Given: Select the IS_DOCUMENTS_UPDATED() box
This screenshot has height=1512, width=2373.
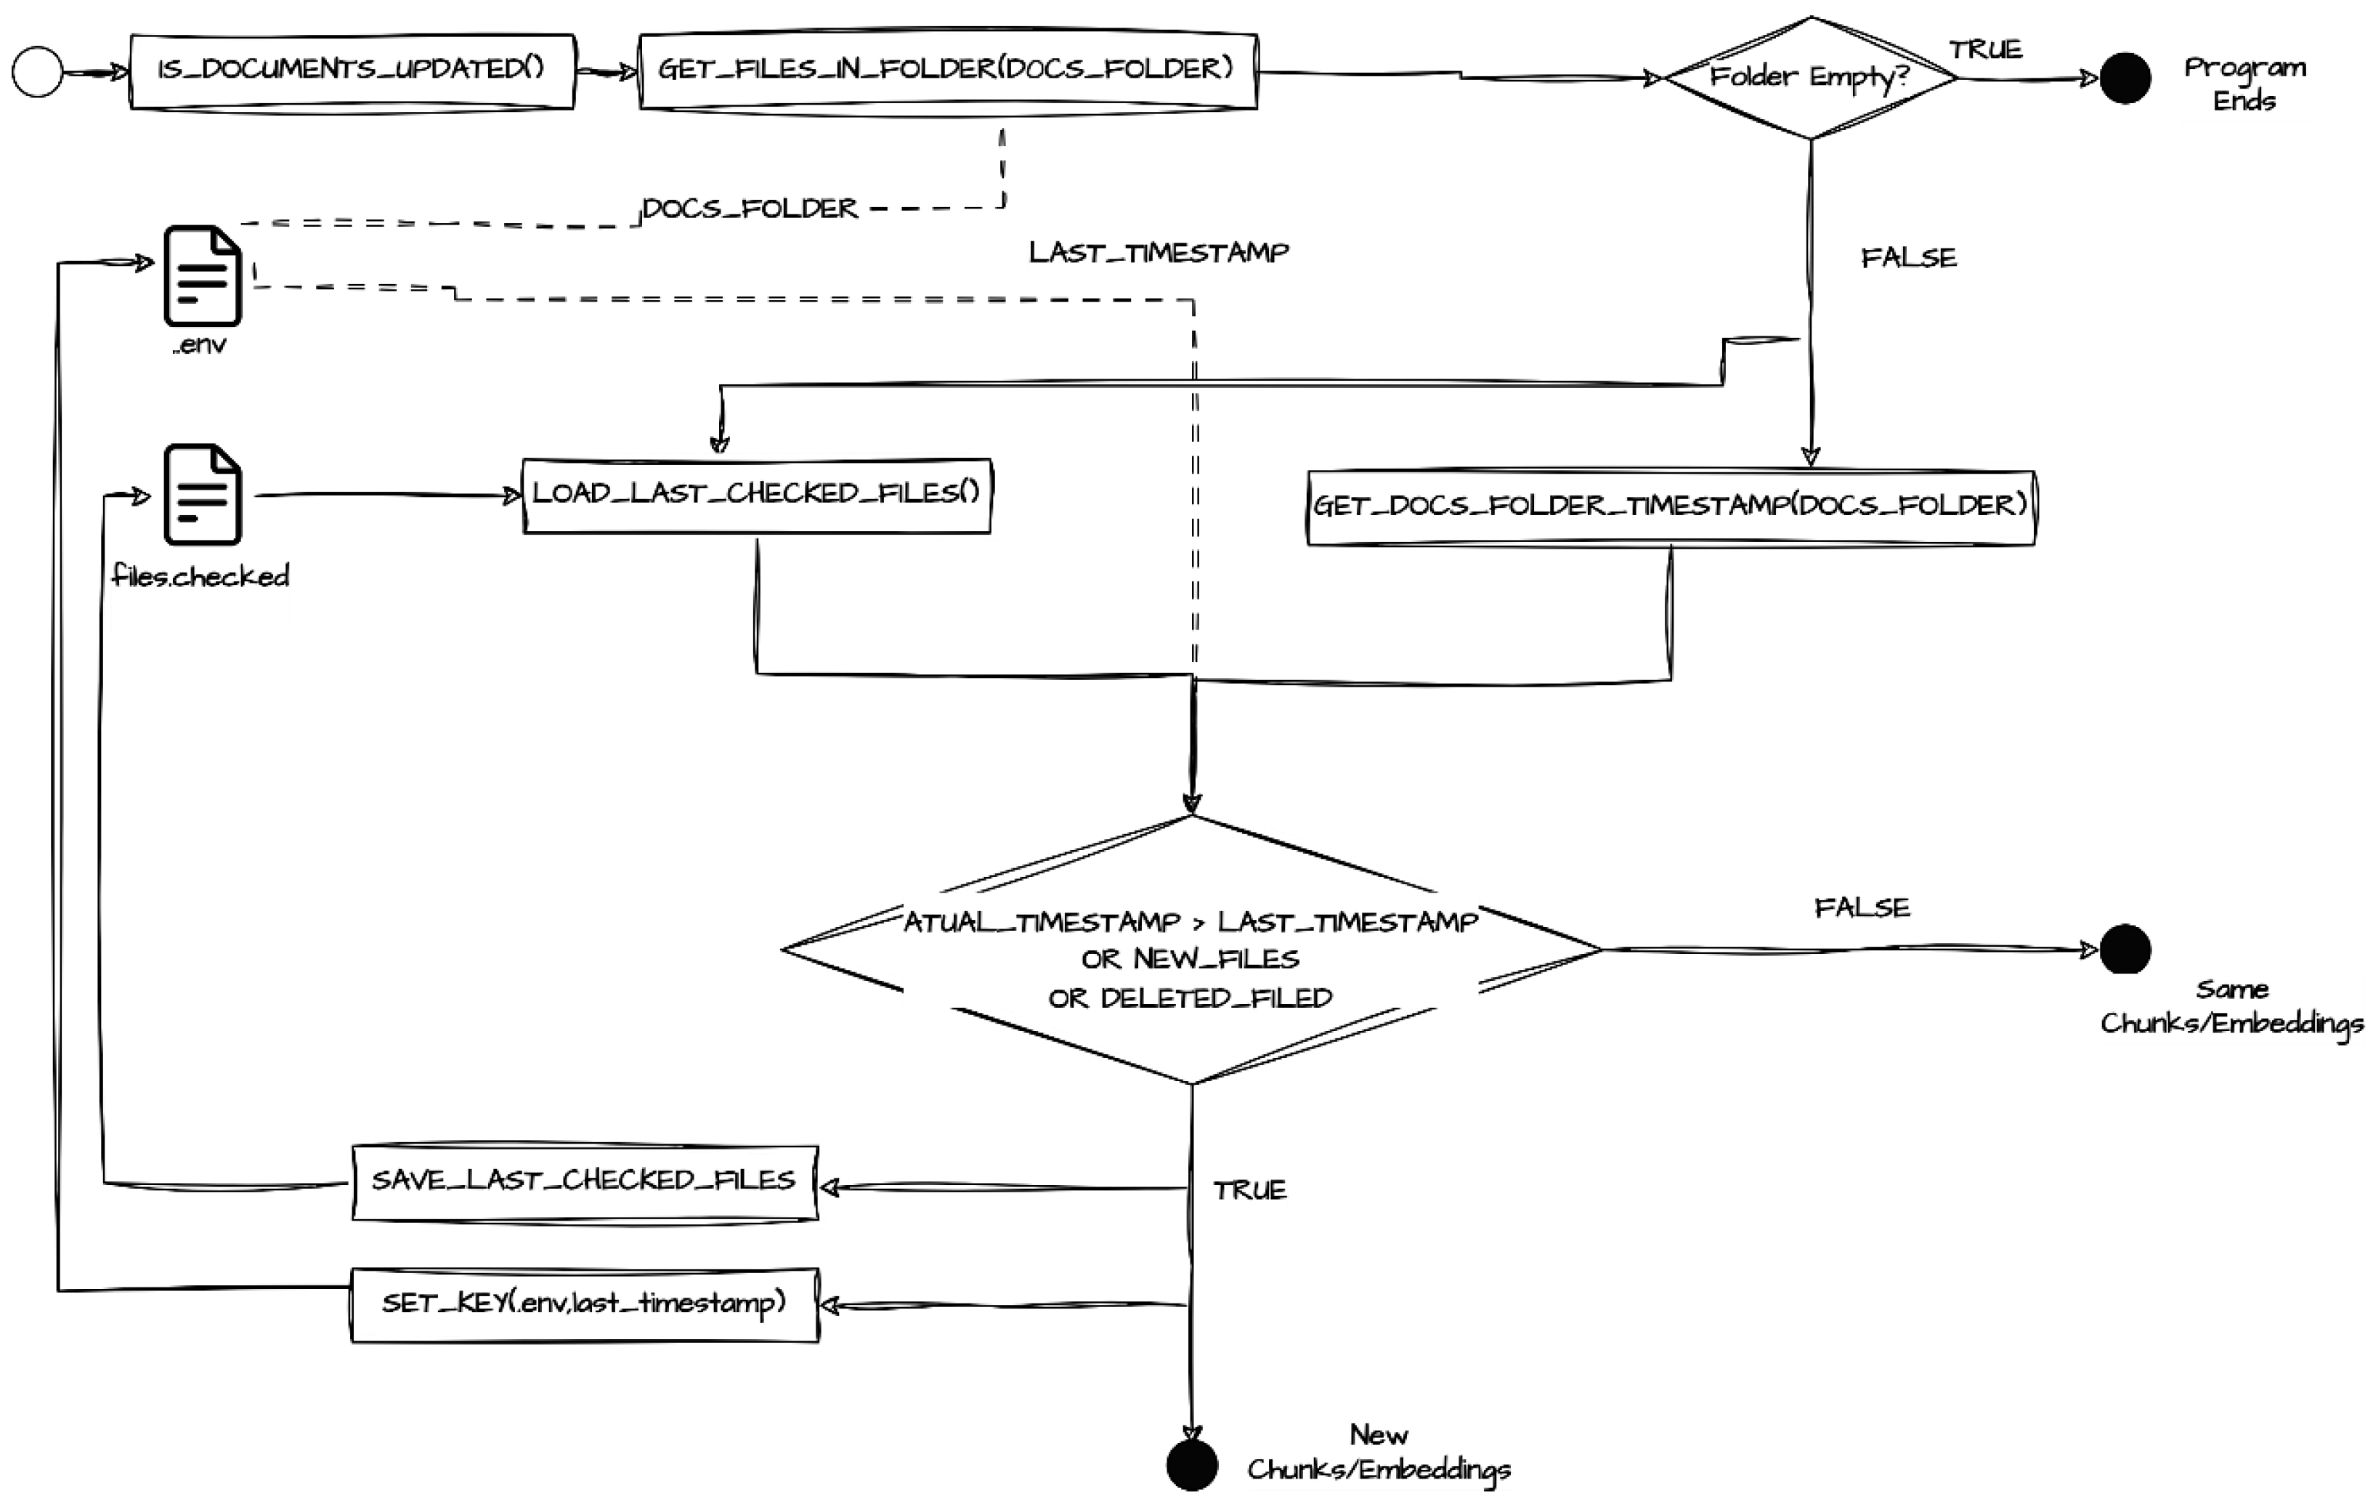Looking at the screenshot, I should pyautogui.click(x=352, y=71).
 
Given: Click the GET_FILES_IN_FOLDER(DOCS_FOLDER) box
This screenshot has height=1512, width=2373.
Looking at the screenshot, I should pyautogui.click(x=947, y=71).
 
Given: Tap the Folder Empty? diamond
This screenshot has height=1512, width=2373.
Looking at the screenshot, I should pyautogui.click(x=1809, y=77).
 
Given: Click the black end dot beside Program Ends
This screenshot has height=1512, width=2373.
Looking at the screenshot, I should pyautogui.click(x=2125, y=78).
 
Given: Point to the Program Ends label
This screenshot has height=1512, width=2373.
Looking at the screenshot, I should pyautogui.click(x=2244, y=84).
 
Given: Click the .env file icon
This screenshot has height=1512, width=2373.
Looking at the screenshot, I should pyautogui.click(x=202, y=276).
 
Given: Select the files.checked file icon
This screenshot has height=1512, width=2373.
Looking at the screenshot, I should pyautogui.click(x=202, y=495).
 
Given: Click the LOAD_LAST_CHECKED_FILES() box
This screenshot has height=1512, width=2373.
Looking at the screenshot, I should pyautogui.click(x=756, y=495).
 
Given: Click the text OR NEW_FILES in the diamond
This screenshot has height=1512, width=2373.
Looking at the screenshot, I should pyautogui.click(x=1190, y=959).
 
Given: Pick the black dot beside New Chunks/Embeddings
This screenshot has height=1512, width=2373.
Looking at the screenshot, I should pyautogui.click(x=1191, y=1465).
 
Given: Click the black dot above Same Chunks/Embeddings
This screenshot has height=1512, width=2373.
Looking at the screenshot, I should pyautogui.click(x=2125, y=949).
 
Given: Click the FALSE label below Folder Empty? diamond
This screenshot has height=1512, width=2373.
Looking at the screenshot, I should pyautogui.click(x=1908, y=258).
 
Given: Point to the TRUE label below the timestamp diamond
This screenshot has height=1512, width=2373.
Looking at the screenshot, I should pyautogui.click(x=1249, y=1191).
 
